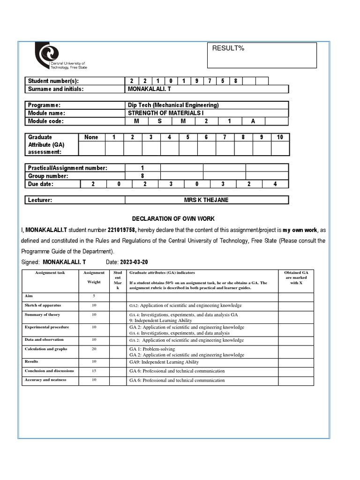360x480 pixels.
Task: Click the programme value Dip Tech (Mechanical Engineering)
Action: click(173, 105)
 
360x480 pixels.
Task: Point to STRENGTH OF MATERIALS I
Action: click(166, 113)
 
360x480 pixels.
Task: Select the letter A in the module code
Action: click(253, 121)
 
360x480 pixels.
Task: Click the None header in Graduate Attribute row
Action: click(91, 137)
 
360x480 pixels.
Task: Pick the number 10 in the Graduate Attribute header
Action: click(280, 137)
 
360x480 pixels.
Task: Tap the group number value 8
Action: click(142, 176)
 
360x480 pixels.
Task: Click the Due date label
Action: click(41, 184)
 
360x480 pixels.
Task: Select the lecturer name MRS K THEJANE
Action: click(206, 200)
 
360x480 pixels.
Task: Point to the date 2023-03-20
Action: click(133, 262)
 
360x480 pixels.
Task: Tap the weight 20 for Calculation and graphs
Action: click(94, 349)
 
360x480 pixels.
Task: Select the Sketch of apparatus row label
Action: click(43, 305)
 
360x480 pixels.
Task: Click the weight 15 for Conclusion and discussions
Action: click(94, 371)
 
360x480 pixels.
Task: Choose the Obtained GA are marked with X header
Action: click(296, 277)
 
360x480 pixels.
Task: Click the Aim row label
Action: click(29, 296)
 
